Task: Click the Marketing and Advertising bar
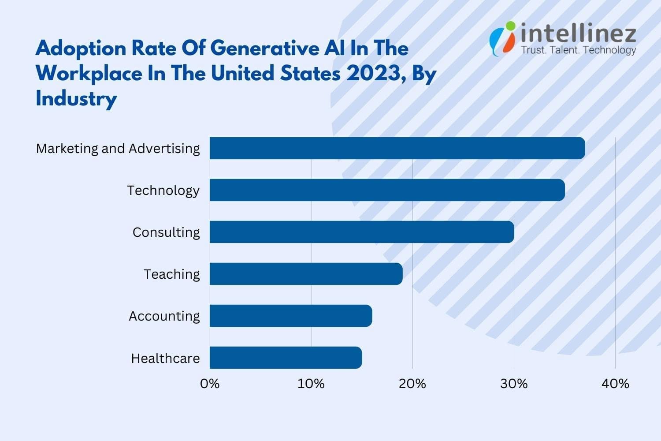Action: click(397, 148)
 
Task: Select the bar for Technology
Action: click(387, 190)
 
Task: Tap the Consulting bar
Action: click(361, 232)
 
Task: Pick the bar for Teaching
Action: click(306, 274)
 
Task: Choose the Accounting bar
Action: click(291, 316)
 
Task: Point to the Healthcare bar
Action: click(286, 358)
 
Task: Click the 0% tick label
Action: click(210, 384)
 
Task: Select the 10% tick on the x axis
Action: click(311, 384)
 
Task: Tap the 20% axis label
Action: click(412, 384)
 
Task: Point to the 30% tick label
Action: click(514, 384)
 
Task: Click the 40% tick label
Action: click(615, 384)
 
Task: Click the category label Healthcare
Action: click(165, 358)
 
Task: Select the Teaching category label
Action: click(172, 274)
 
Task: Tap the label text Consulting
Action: click(166, 232)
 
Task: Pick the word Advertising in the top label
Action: click(164, 149)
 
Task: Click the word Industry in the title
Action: click(76, 98)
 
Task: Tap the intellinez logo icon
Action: click(503, 38)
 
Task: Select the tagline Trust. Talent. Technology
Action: click(578, 50)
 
